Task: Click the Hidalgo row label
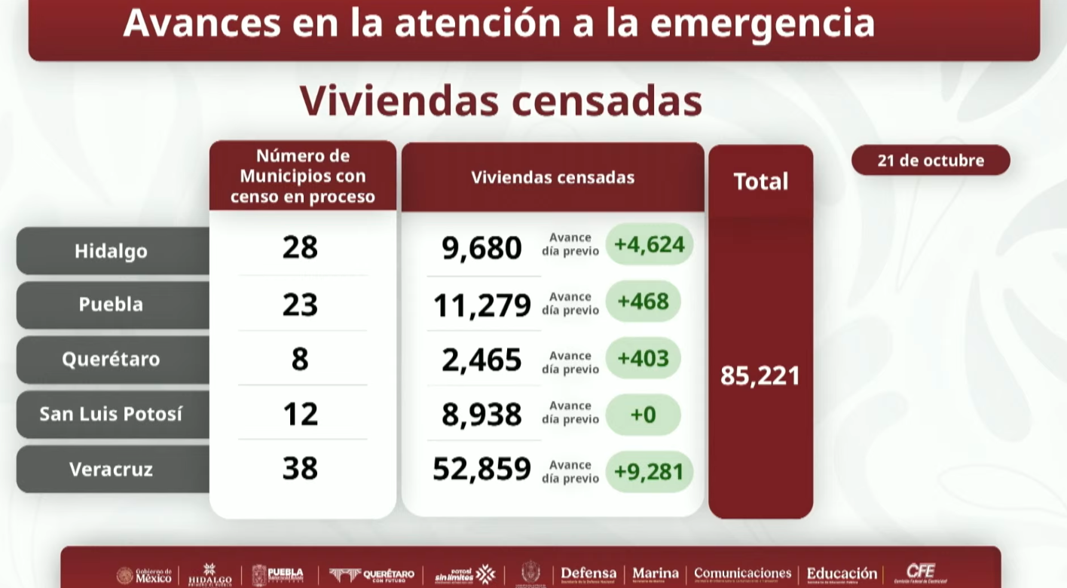point(112,251)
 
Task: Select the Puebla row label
point(112,305)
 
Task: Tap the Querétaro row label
point(112,359)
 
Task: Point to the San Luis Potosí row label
point(112,414)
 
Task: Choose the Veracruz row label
point(112,469)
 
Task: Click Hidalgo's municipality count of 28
point(300,247)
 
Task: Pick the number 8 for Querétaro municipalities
point(300,359)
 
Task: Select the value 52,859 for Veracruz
point(482,469)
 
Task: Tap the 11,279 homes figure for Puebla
point(482,305)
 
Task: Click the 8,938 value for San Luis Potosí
point(482,415)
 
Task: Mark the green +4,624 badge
point(649,244)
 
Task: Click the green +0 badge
point(643,414)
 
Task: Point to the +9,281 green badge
point(649,472)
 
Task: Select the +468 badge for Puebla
point(643,302)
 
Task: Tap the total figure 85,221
point(760,375)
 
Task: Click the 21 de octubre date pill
point(931,161)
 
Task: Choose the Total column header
point(760,182)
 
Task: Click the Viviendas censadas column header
point(553,178)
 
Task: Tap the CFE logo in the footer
point(920,574)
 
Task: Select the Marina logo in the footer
point(655,574)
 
